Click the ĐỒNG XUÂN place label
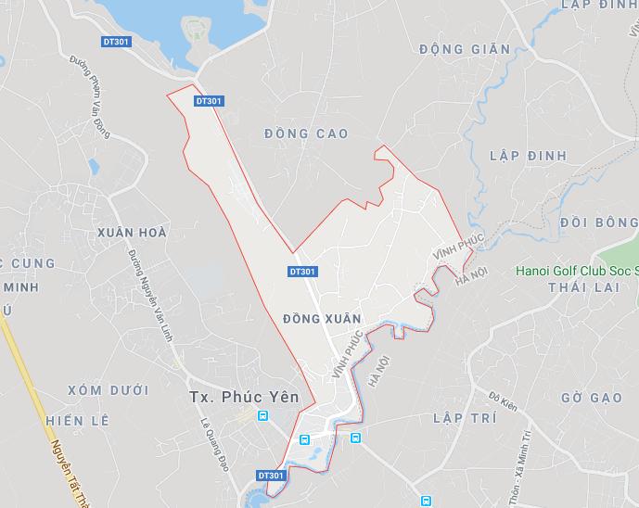pyautogui.click(x=320, y=318)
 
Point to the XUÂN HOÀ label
pyautogui.click(x=132, y=233)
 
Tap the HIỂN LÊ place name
pyautogui.click(x=77, y=420)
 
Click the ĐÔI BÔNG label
pyautogui.click(x=599, y=222)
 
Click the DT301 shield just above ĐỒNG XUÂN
pyautogui.click(x=303, y=272)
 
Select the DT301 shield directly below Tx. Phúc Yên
pyautogui.click(x=271, y=476)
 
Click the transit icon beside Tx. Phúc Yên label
pyautogui.click(x=263, y=417)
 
